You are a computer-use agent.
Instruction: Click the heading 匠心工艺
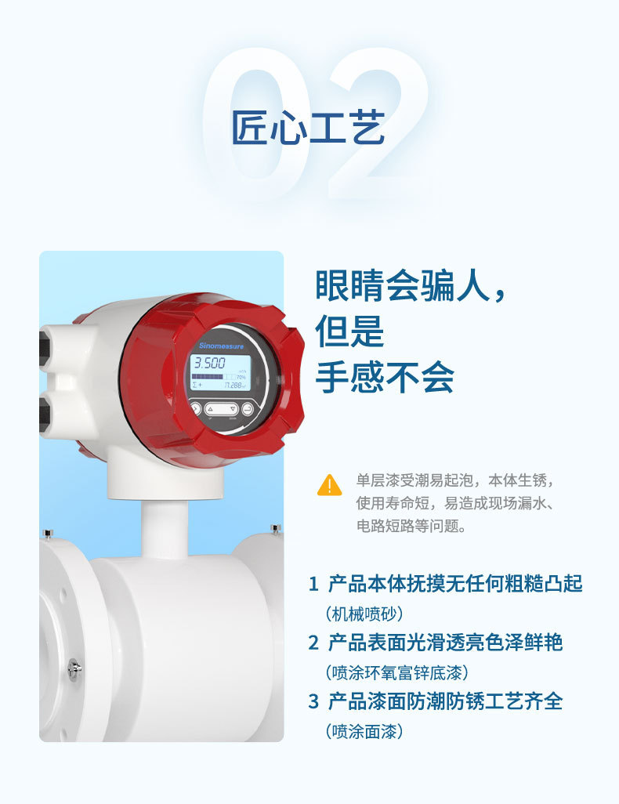click(x=308, y=127)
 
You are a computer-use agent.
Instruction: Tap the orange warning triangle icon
click(x=329, y=485)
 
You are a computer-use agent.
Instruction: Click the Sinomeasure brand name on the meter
click(x=221, y=345)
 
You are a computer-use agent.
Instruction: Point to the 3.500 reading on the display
click(x=210, y=364)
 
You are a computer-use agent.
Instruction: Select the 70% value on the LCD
click(x=241, y=377)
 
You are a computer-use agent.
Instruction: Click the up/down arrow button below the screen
click(x=221, y=408)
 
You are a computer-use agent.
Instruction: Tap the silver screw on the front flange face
click(x=74, y=667)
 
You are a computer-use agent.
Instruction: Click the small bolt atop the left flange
click(x=48, y=533)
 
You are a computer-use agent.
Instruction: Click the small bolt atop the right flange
click(x=274, y=530)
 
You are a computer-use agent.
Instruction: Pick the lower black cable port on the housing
click(x=44, y=408)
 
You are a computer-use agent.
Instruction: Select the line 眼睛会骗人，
click(x=411, y=286)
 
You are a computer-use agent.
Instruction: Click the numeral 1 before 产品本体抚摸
click(x=313, y=584)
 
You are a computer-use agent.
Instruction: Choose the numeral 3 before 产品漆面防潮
click(x=313, y=701)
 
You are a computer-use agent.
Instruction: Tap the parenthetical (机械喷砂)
click(x=364, y=614)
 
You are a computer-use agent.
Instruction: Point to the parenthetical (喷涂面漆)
click(x=364, y=731)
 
